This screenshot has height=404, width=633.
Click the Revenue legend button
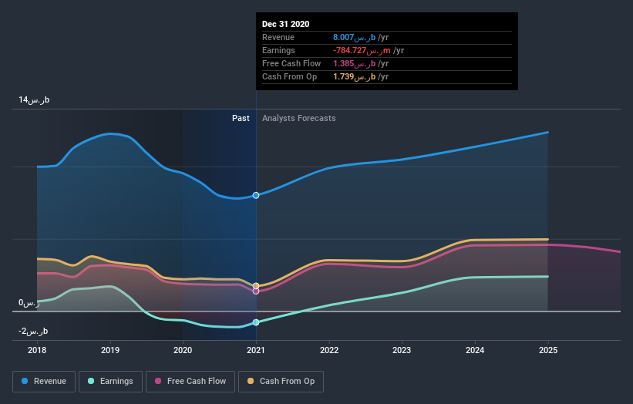[44, 381]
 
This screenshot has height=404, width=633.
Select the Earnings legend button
[111, 381]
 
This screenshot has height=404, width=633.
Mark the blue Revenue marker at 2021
[256, 195]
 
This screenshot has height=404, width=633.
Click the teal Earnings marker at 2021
[256, 322]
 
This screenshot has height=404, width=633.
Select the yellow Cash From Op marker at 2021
[256, 286]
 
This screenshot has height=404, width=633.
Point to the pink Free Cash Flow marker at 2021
[256, 291]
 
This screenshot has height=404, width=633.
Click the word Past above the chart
[241, 118]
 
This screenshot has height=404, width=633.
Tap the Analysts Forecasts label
[299, 118]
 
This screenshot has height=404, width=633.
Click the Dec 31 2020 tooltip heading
[286, 24]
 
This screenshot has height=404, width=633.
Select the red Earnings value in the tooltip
[362, 50]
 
